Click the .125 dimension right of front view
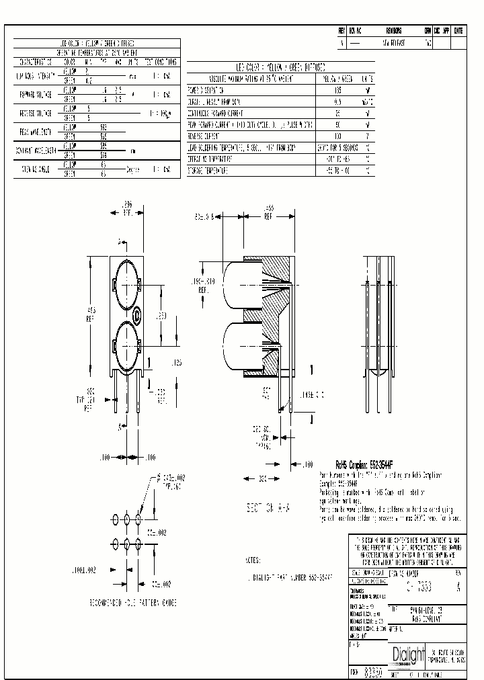pyautogui.click(x=176, y=362)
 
